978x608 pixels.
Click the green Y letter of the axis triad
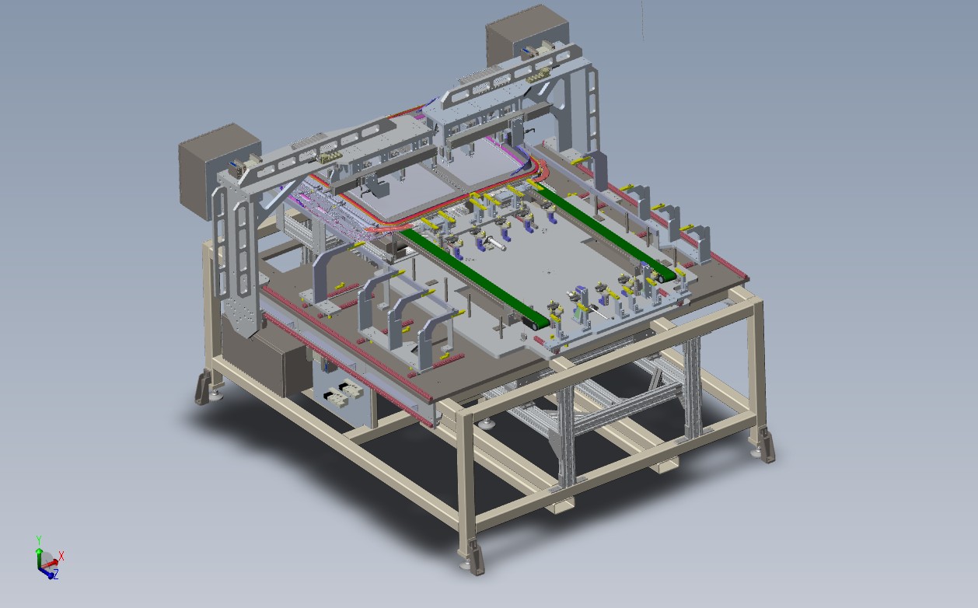pos(38,540)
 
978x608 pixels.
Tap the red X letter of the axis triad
pos(61,556)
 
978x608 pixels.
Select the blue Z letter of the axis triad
pos(56,575)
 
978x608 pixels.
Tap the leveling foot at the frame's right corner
pos(762,445)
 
